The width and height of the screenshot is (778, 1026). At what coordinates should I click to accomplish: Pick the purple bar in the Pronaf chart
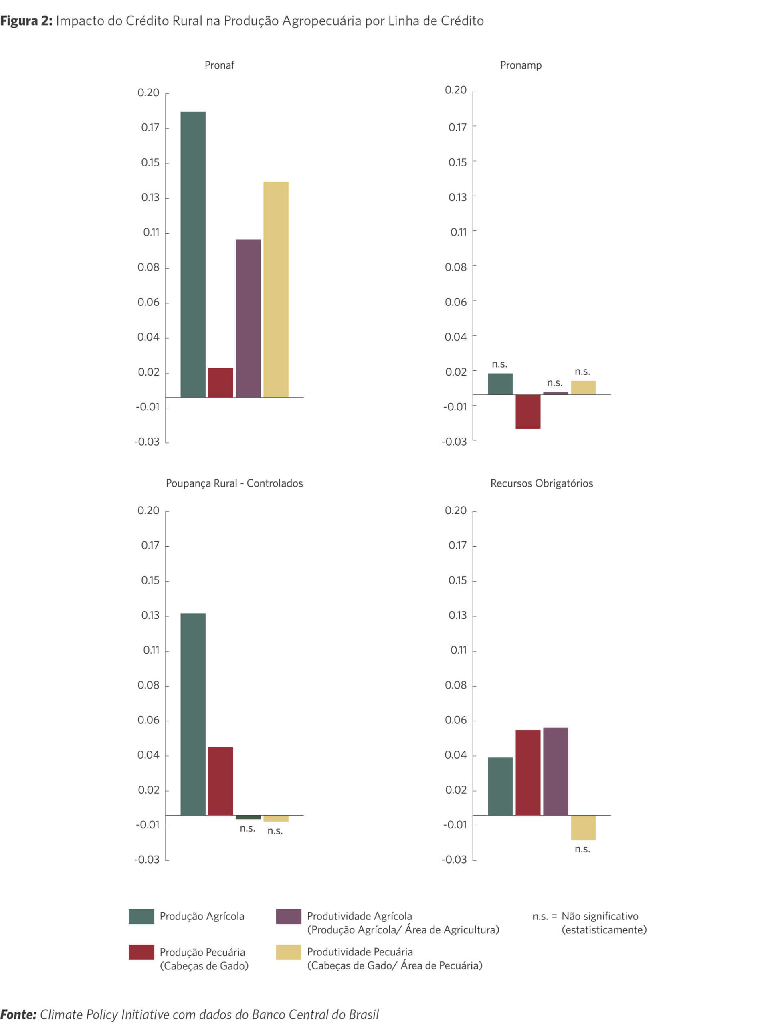click(248, 318)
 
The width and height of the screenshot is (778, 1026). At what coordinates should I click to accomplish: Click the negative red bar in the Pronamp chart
click(527, 412)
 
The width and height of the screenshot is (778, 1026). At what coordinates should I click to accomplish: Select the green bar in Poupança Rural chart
click(192, 714)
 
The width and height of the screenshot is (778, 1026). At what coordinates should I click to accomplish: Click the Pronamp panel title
click(521, 65)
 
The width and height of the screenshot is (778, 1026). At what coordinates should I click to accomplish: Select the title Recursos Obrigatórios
click(542, 483)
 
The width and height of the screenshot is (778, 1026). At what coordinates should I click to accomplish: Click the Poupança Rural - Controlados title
click(234, 483)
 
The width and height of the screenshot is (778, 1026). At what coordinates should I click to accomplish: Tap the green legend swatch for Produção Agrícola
click(141, 916)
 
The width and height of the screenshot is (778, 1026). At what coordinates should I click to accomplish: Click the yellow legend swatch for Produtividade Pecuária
click(288, 952)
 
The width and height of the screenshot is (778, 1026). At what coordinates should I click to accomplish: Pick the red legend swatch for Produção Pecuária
click(141, 952)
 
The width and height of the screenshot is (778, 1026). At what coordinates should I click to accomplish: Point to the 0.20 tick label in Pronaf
click(148, 93)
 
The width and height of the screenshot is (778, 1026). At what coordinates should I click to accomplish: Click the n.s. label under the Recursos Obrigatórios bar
click(582, 849)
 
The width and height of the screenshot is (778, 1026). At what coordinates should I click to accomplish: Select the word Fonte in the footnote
click(18, 1014)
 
